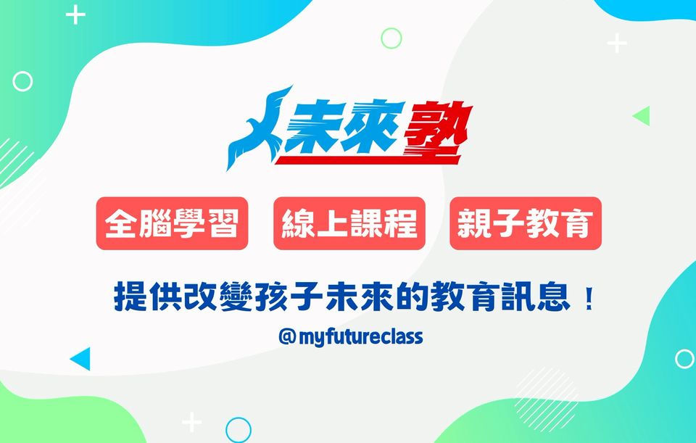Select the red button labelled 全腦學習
(173, 223)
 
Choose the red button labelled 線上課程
(349, 223)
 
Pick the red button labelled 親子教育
(526, 223)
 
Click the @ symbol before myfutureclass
(287, 337)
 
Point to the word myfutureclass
(361, 337)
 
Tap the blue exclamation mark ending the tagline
(589, 299)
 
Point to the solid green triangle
(643, 116)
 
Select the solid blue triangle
(83, 359)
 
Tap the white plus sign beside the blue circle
(191, 422)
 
